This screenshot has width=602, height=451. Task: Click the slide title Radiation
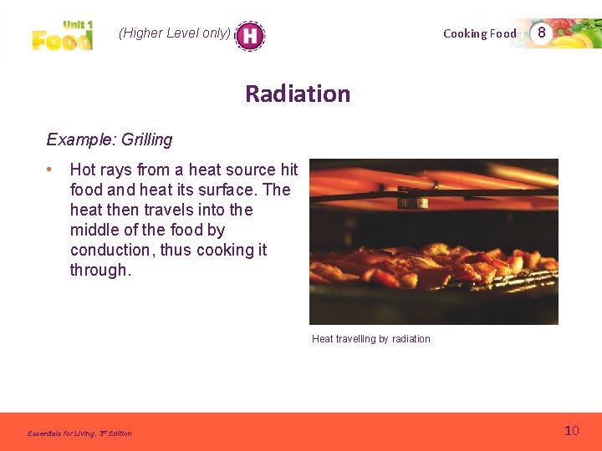pyautogui.click(x=298, y=94)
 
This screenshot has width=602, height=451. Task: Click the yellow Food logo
pyautogui.click(x=62, y=40)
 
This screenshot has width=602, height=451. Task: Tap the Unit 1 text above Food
pyautogui.click(x=78, y=26)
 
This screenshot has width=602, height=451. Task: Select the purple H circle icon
pyautogui.click(x=249, y=35)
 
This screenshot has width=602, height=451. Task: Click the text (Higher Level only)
pyautogui.click(x=174, y=33)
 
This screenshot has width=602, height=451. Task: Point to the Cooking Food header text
pyautogui.click(x=480, y=33)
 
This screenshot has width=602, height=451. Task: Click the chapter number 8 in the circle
pyautogui.click(x=542, y=33)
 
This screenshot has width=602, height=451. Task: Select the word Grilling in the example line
pyautogui.click(x=147, y=139)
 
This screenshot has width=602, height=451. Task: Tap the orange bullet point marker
pyautogui.click(x=51, y=170)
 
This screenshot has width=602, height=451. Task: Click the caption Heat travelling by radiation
pyautogui.click(x=370, y=339)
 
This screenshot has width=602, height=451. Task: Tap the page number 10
pyautogui.click(x=572, y=431)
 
